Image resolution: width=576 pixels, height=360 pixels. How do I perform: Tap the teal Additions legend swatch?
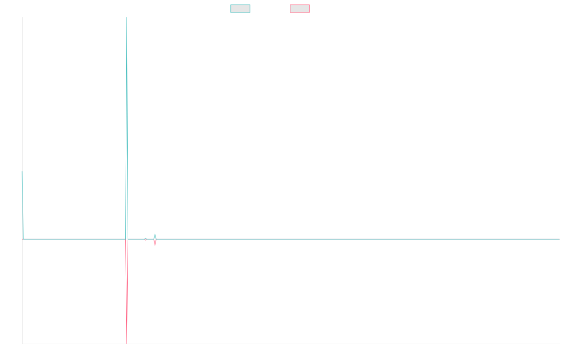(240, 9)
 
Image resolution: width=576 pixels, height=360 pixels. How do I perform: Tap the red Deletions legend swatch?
(300, 9)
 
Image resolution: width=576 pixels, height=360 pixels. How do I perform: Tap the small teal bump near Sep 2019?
(155, 236)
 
